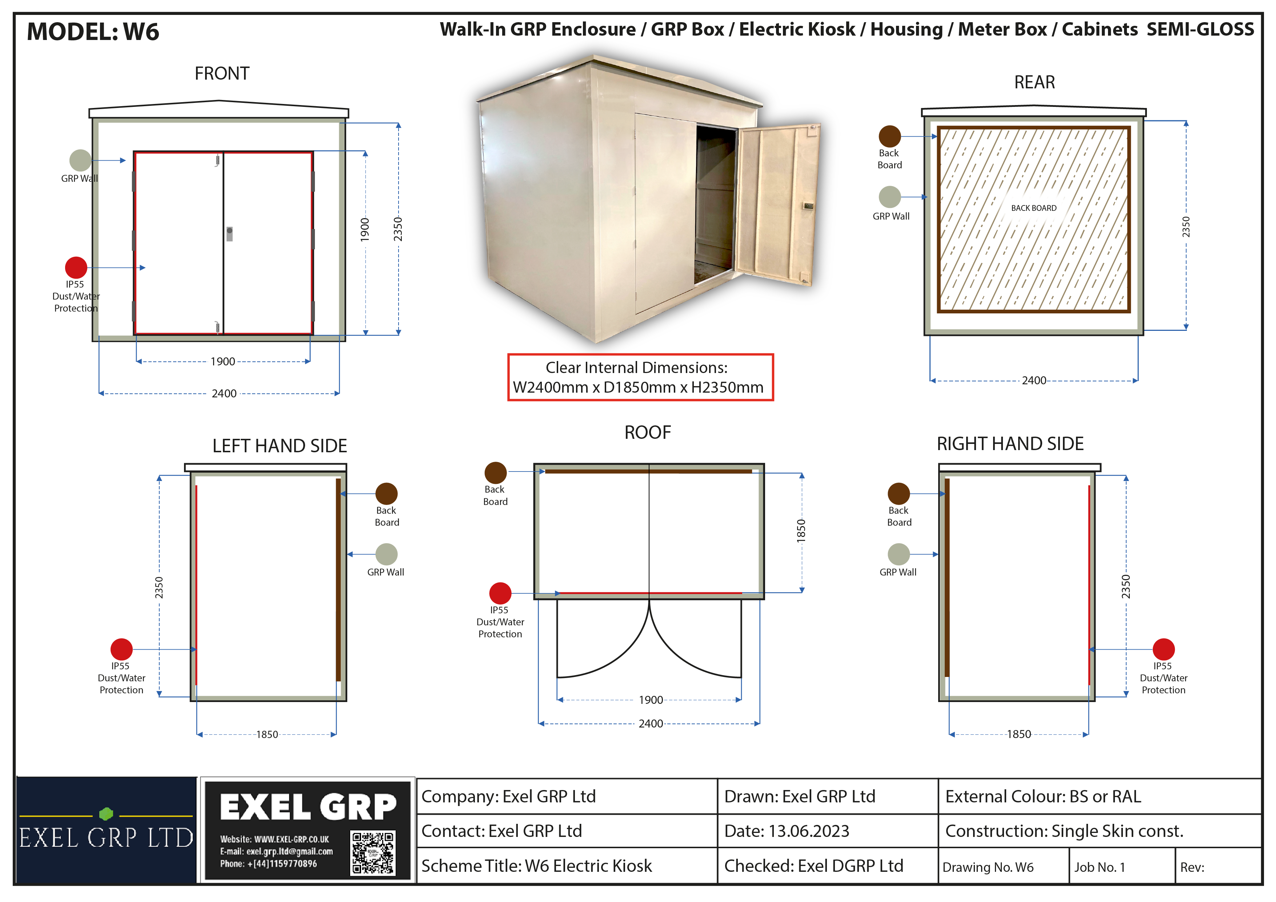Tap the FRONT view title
222,73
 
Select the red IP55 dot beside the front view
76,267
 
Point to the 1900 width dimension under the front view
223,361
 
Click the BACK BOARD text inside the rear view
1034,208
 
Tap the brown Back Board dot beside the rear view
890,136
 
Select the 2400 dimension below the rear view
1034,380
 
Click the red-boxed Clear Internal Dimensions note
640,377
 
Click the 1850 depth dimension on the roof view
801,531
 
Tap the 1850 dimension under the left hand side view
267,734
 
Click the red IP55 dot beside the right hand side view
1163,649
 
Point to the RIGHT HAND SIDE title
1010,444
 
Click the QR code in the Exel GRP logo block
373,853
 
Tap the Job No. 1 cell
1121,866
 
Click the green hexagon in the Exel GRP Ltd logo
106,814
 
